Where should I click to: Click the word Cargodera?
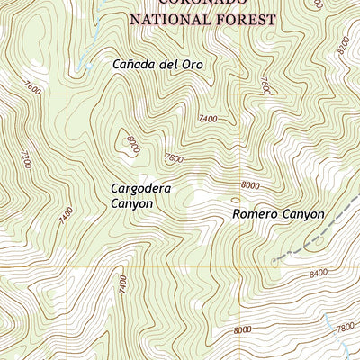(x=140, y=189)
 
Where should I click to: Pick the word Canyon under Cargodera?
(x=132, y=204)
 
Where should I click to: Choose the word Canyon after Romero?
(x=302, y=214)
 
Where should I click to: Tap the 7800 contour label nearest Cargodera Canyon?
(x=173, y=158)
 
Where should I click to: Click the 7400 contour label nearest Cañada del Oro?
(x=209, y=119)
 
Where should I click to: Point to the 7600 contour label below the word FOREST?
(x=265, y=86)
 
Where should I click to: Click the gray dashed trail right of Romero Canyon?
(x=315, y=237)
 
